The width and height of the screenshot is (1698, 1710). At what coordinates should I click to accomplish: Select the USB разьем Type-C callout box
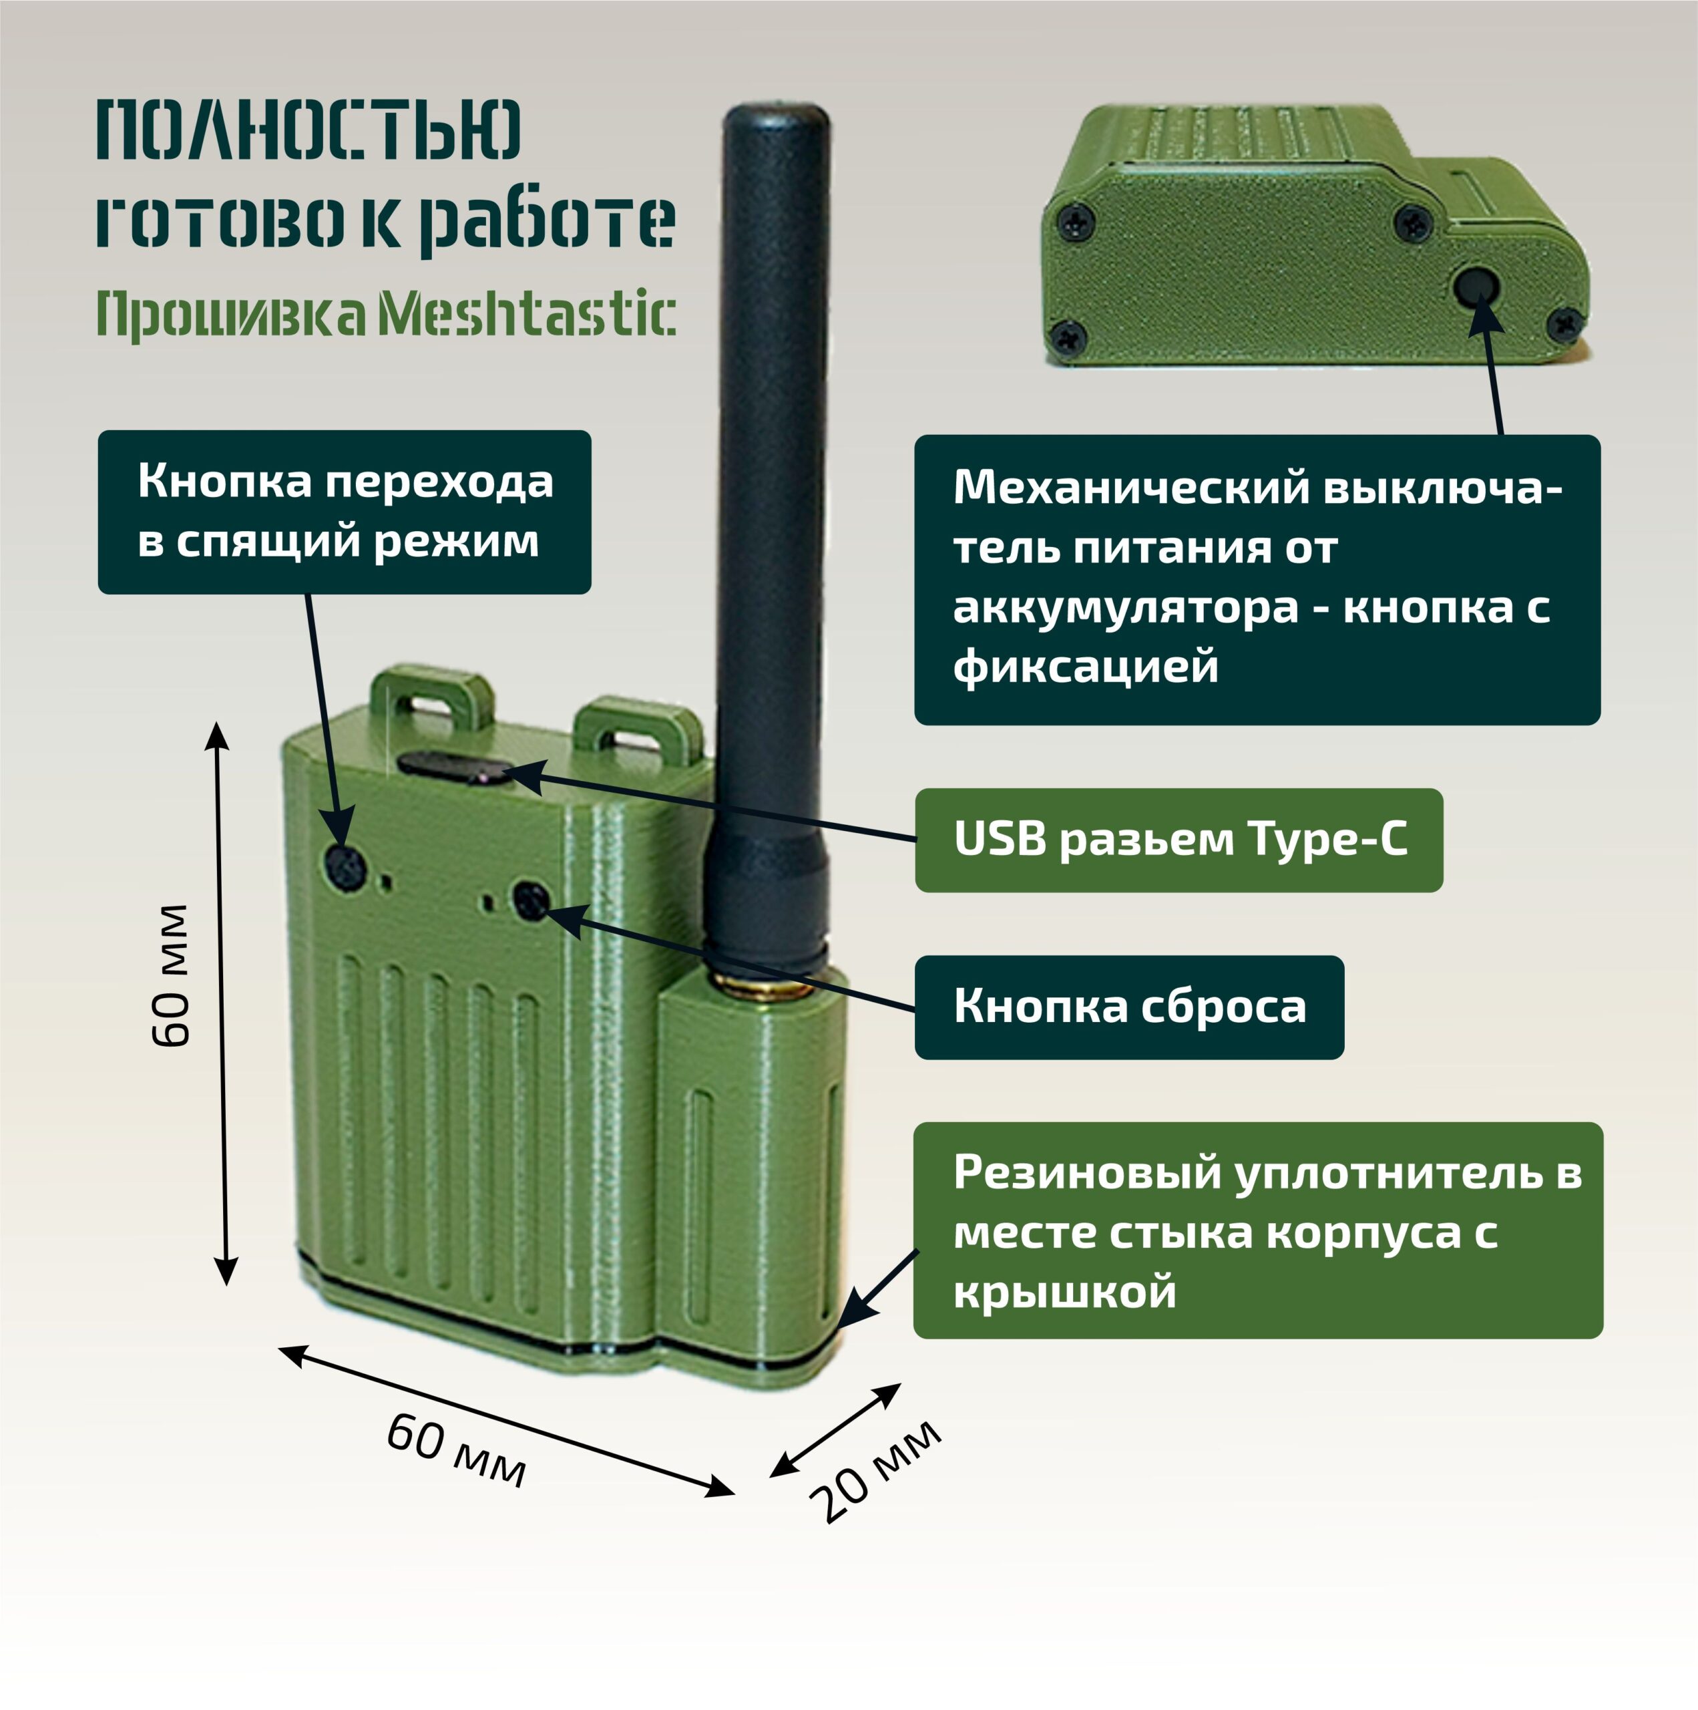point(1179,840)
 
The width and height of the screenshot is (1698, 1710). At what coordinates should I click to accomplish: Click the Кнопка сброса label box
point(1129,1007)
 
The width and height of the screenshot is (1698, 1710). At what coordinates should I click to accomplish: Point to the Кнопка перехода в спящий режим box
point(344,512)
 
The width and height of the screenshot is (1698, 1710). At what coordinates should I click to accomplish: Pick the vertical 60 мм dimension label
point(171,975)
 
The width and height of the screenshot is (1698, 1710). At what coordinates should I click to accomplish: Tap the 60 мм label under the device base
point(457,1449)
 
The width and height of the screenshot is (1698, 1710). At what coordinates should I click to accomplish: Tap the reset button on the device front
point(531,901)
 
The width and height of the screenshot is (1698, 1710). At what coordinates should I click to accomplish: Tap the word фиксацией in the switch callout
point(1086,665)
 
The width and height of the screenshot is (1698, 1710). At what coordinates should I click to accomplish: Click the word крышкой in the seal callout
point(1066,1293)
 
